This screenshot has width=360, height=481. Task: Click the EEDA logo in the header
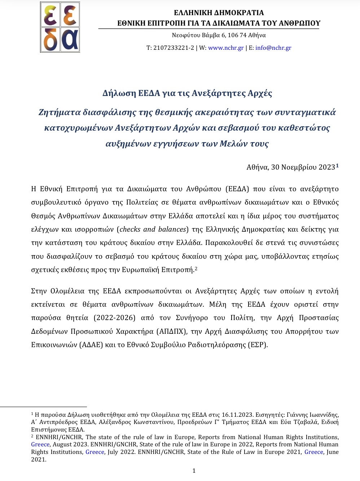click(60, 27)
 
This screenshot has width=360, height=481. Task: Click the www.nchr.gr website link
click(226, 48)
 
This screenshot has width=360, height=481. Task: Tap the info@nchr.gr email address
click(273, 48)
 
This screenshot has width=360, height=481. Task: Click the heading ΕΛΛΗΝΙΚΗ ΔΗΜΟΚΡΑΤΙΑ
click(219, 13)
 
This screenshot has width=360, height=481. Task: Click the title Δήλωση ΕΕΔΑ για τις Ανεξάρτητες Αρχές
click(187, 93)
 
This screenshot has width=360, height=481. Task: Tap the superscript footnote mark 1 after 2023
click(337, 166)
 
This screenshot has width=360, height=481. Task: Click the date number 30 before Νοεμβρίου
click(275, 167)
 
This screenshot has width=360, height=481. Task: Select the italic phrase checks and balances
click(153, 229)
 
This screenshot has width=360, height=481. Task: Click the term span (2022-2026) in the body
click(114, 318)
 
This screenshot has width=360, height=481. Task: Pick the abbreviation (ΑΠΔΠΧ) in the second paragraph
click(171, 331)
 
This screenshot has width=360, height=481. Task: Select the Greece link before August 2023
click(40, 444)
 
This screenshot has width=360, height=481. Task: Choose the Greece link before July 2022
click(95, 452)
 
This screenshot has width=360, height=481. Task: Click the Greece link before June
click(313, 452)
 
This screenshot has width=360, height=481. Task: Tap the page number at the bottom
click(194, 471)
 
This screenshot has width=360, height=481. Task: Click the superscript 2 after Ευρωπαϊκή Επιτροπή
click(196, 269)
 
